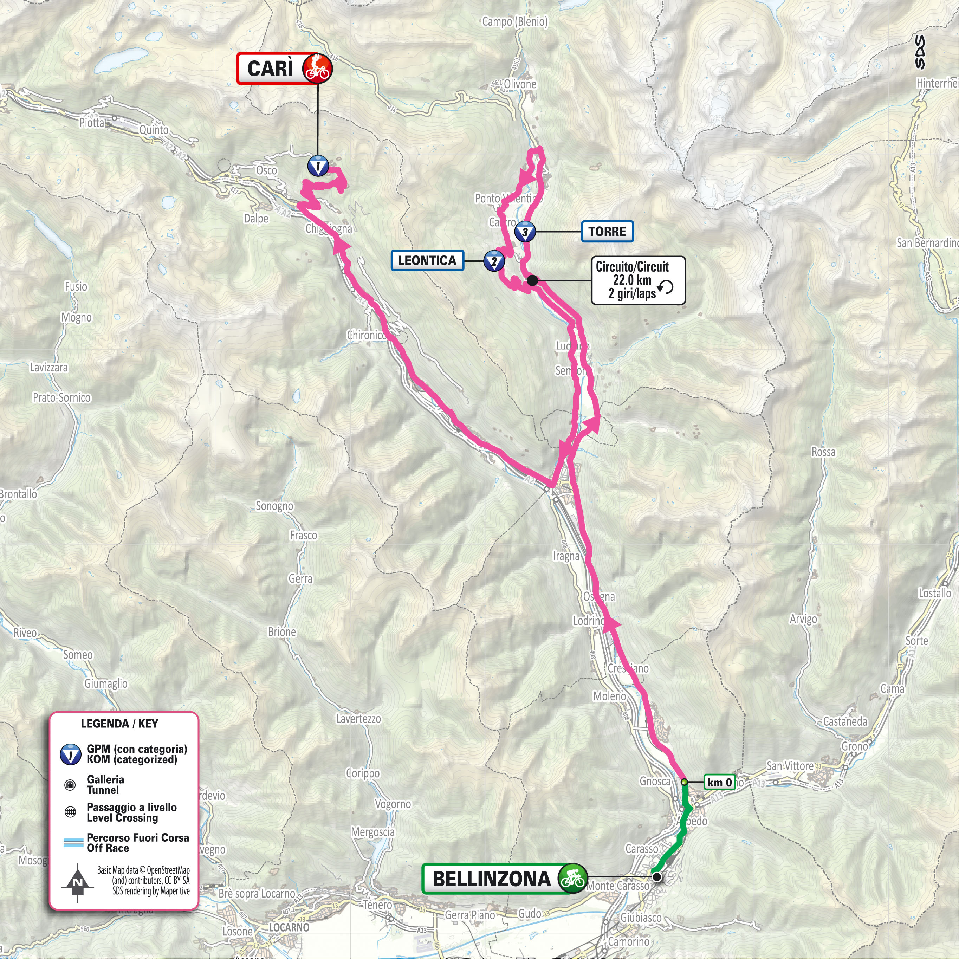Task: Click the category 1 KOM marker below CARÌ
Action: click(318, 166)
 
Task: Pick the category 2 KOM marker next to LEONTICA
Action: click(494, 261)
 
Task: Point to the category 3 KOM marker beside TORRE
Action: click(525, 232)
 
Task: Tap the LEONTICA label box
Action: click(427, 261)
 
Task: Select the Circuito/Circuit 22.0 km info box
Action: click(638, 280)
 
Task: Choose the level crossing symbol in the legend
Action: click(70, 812)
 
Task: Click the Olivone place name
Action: click(520, 84)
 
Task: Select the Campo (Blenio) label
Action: click(515, 22)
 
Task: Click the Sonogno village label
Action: click(274, 506)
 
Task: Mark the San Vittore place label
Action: click(790, 766)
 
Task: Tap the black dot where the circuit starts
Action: click(532, 280)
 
